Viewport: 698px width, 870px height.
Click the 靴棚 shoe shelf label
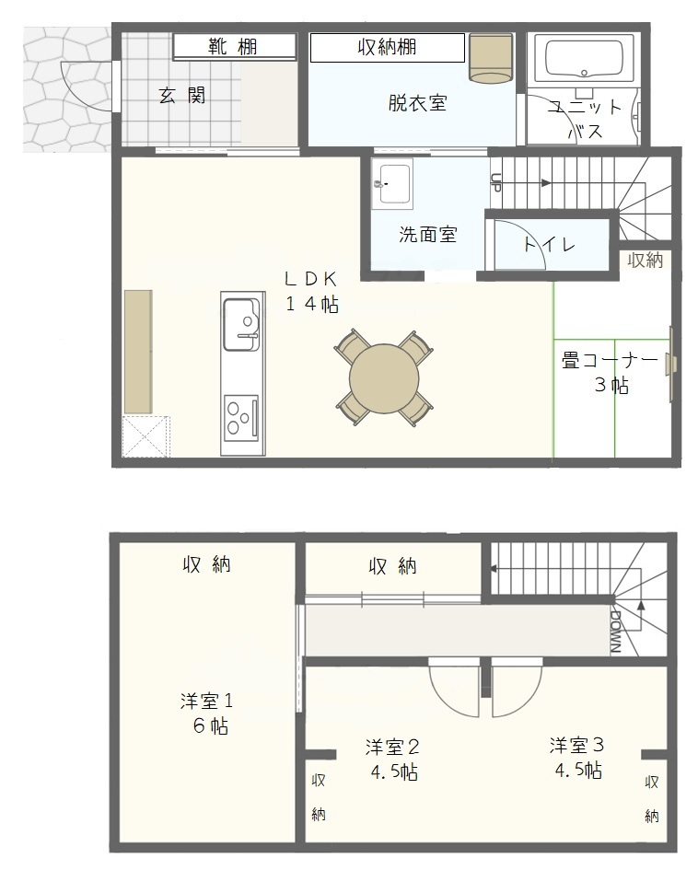coord(232,47)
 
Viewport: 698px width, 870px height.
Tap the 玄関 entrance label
coord(182,96)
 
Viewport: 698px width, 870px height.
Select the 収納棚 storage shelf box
coord(388,48)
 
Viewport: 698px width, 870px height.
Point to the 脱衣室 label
coord(417,102)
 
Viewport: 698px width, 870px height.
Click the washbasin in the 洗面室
coord(392,183)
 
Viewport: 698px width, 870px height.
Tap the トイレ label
coord(550,244)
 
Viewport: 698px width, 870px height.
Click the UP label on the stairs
coord(495,182)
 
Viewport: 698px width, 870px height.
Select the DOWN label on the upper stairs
coord(615,632)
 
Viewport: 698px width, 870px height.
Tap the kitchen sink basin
coord(241,325)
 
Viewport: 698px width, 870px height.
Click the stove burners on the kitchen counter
coord(241,415)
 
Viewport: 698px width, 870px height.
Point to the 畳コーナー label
coord(610,361)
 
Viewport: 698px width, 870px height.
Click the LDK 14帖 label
coord(312,291)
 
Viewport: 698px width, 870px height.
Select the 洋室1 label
coord(206,701)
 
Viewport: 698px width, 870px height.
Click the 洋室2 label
coord(392,747)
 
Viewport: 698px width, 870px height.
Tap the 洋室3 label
coord(577,745)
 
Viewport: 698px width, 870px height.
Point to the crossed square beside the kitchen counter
coord(145,436)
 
